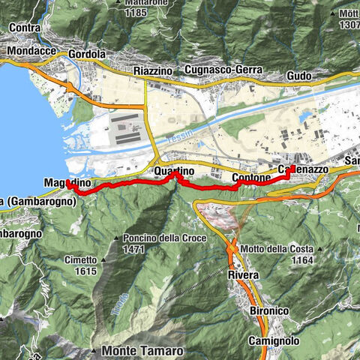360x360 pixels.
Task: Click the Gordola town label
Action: [x=86, y=55]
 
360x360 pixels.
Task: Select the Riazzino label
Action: [x=153, y=70]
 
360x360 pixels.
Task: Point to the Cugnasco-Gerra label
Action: [x=224, y=70]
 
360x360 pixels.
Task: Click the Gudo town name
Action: [x=299, y=76]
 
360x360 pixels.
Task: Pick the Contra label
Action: [x=25, y=27]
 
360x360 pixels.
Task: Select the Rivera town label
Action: [x=242, y=275]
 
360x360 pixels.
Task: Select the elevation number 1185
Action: [x=135, y=13]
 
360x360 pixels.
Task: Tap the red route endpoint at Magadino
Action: [x=67, y=182]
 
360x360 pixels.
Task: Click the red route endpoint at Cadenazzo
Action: [x=291, y=168]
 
